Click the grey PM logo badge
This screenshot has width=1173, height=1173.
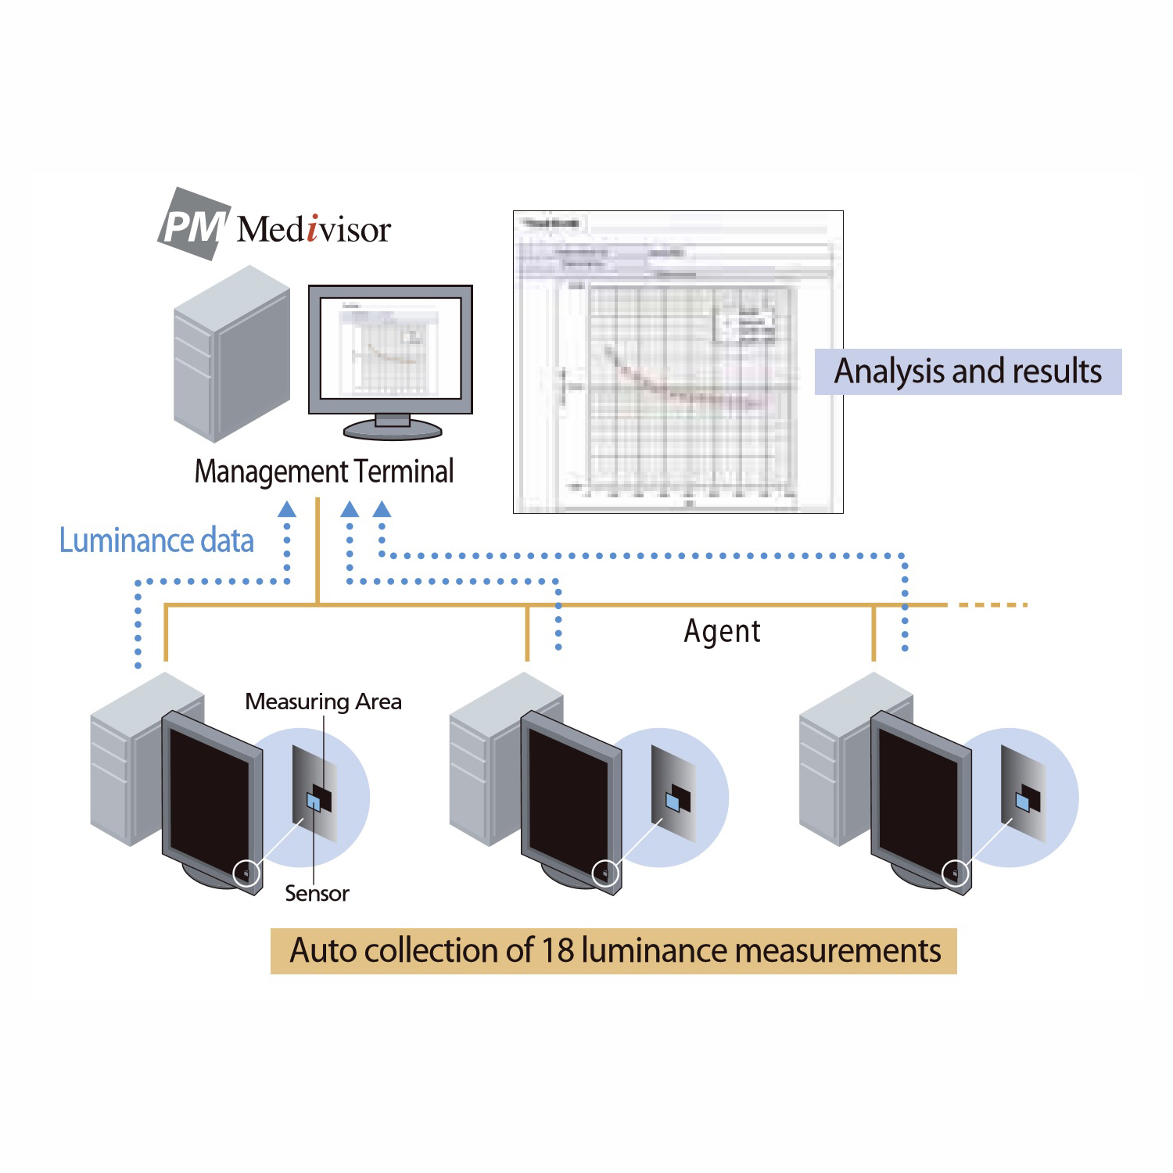193,224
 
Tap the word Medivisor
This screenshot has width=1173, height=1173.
314,229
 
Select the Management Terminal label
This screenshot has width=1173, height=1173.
324,472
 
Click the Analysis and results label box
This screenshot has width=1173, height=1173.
967,371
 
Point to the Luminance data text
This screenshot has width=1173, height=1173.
156,540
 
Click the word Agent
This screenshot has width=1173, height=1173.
722,631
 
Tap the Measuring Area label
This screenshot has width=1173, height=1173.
323,701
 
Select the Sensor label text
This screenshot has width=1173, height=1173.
317,893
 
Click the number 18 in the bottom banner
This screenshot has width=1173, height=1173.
558,951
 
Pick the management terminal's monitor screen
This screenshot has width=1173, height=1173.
390,348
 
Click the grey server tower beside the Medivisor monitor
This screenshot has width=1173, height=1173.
231,353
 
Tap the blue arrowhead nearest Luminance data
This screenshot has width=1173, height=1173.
287,510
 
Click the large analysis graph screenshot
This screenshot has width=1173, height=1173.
678,361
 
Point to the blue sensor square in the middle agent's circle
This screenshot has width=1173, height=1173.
672,802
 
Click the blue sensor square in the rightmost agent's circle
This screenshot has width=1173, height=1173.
1021,802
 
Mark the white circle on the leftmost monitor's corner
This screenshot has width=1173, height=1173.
246,873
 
